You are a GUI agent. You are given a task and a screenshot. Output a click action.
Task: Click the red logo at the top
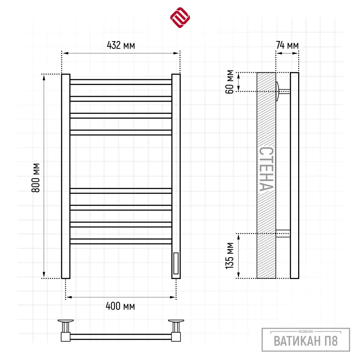180,18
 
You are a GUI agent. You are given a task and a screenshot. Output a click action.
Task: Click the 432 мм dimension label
121,45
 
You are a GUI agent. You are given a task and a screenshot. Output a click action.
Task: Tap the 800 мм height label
36,178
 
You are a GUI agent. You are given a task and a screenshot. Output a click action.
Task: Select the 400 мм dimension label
120,306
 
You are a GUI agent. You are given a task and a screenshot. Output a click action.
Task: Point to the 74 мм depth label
287,45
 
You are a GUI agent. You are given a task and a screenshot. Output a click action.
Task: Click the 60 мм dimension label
230,82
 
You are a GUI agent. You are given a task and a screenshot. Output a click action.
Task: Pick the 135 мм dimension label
230,256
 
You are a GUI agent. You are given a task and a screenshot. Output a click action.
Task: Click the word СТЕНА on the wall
266,169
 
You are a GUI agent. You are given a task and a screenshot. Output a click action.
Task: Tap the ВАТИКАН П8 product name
306,341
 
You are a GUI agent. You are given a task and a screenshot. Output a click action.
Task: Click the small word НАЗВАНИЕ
306,332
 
